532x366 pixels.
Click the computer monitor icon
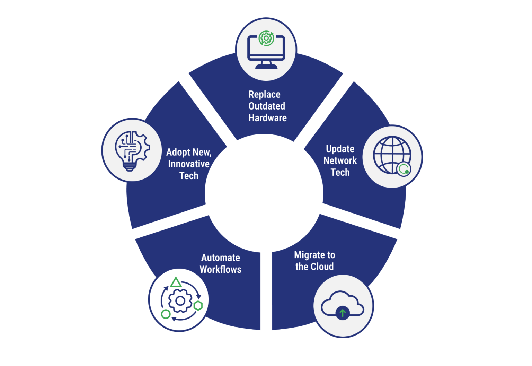pyautogui.click(x=266, y=50)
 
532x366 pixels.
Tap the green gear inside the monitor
pyautogui.click(x=266, y=38)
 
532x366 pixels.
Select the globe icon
pyautogui.click(x=392, y=155)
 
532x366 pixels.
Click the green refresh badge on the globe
pyautogui.click(x=404, y=169)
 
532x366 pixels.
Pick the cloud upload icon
pyautogui.click(x=342, y=305)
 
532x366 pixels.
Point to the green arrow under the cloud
pyautogui.click(x=343, y=313)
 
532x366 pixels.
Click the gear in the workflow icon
pyautogui.click(x=180, y=300)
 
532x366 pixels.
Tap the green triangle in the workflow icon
pyautogui.click(x=176, y=282)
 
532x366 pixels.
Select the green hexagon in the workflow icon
pyautogui.click(x=198, y=305)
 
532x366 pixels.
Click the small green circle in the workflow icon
pyautogui.click(x=166, y=314)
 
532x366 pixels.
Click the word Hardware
pyautogui.click(x=267, y=118)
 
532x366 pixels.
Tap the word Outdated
pyautogui.click(x=267, y=106)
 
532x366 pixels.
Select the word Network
pyautogui.click(x=340, y=160)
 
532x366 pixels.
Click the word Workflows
pyautogui.click(x=221, y=269)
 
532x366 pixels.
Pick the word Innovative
pyautogui.click(x=189, y=164)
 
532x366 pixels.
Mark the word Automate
pyautogui.click(x=221, y=258)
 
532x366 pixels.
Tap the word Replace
pyautogui.click(x=265, y=94)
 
